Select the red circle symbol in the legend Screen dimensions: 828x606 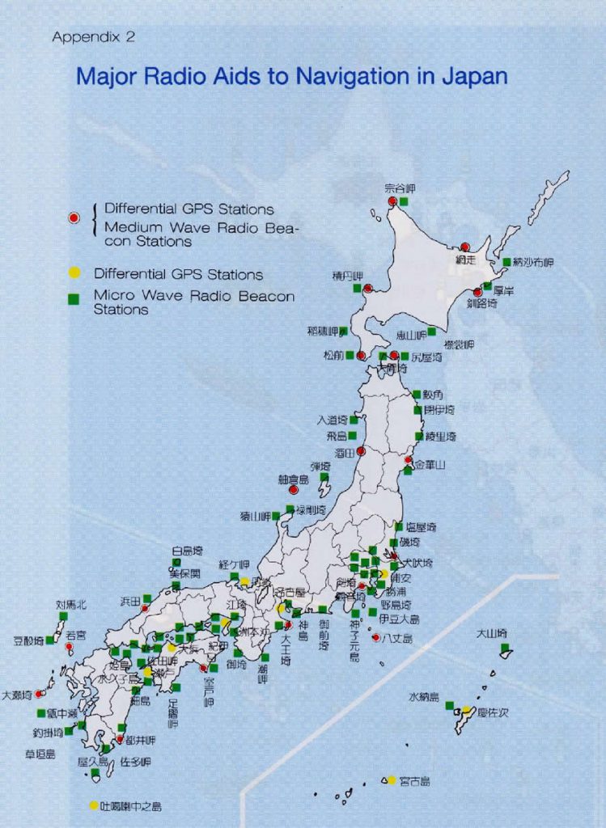[x=74, y=218]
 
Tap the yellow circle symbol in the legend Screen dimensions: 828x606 [x=74, y=274]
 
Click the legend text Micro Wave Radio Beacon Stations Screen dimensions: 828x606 [x=193, y=302]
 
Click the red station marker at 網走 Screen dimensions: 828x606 [x=465, y=247]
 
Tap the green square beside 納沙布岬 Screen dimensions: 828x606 [x=506, y=262]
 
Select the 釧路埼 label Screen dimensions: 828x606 [x=481, y=303]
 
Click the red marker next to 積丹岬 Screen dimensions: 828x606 [x=367, y=288]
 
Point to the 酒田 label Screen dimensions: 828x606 [x=346, y=453]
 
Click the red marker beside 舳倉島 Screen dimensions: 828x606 [x=294, y=490]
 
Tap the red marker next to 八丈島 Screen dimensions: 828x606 [x=376, y=638]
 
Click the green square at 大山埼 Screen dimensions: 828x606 [x=505, y=648]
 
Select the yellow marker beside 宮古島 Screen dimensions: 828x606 [x=392, y=780]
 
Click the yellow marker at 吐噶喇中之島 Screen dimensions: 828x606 [x=94, y=805]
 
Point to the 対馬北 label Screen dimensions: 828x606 [x=70, y=604]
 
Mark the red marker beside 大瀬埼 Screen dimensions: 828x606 [x=39, y=694]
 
